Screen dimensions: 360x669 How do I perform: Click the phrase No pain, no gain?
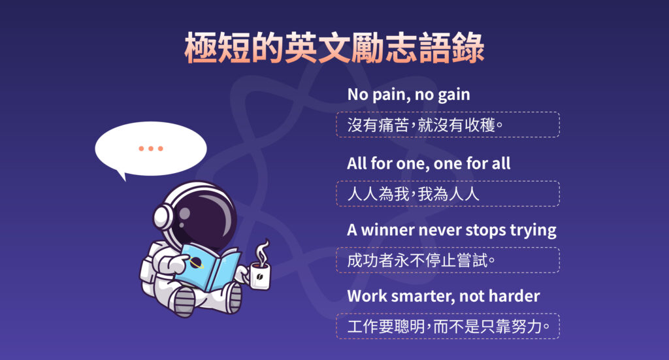[408, 94]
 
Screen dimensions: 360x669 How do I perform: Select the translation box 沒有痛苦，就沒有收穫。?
[448, 124]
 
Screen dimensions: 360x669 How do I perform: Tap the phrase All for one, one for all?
[429, 163]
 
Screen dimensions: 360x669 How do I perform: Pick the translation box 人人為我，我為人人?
[448, 193]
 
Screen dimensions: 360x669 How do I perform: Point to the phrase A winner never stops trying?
[451, 230]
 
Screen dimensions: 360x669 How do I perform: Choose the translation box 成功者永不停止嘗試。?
[448, 260]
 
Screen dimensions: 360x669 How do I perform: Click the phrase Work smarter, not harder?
[444, 296]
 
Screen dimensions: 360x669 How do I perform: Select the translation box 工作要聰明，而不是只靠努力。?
[448, 325]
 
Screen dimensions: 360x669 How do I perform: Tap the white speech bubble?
[151, 150]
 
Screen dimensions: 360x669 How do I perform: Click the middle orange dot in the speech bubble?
[151, 148]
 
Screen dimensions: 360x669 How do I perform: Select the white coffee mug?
[259, 274]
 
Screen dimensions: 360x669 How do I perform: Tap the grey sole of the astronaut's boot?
[185, 301]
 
